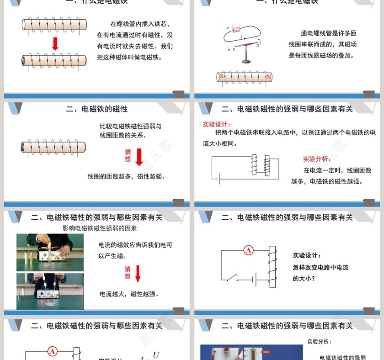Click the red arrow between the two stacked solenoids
[x=55, y=43]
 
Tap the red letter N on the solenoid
[x=269, y=77]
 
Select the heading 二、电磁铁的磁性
[x=96, y=109]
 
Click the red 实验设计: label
[x=217, y=124]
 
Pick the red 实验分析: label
[x=317, y=159]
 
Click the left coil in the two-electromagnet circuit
[x=254, y=164]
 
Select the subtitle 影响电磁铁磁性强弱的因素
[x=100, y=228]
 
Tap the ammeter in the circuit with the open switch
[x=248, y=250]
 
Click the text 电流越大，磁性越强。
[x=129, y=294]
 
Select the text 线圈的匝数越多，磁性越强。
[x=126, y=176]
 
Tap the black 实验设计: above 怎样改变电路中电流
[x=307, y=256]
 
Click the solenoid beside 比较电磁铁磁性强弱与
[x=53, y=147]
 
